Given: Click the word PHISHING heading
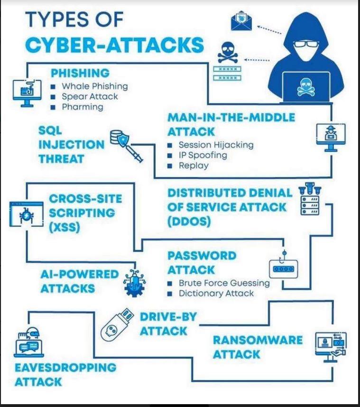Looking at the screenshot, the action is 80,73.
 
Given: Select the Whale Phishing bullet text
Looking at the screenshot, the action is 95,86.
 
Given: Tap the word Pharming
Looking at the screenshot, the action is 83,107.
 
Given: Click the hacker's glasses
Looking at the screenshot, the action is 306,44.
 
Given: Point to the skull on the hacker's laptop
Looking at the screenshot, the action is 306,87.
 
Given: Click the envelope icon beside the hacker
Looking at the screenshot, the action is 241,21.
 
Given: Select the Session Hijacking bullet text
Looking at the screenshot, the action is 216,145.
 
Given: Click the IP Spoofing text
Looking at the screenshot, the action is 203,155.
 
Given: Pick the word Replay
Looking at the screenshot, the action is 194,166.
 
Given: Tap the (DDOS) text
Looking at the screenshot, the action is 189,222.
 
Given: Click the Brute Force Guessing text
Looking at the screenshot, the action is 224,283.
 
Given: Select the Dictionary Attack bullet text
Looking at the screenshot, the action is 216,293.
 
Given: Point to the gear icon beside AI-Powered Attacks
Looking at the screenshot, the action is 134,284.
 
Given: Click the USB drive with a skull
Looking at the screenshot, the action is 117,325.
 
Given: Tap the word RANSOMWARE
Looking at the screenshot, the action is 258,340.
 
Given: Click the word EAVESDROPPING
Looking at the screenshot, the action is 65,368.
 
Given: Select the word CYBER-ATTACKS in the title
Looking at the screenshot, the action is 114,45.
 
